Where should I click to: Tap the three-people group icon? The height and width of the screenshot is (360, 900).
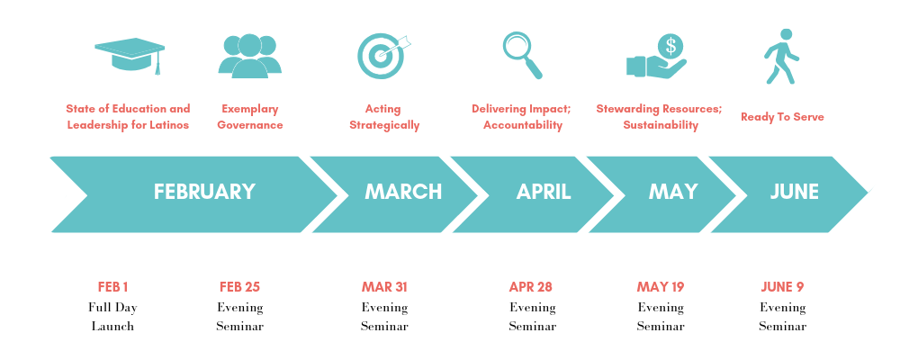[x=249, y=56]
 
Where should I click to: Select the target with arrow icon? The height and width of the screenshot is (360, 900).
[x=382, y=55]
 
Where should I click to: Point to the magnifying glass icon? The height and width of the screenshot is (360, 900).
[x=522, y=54]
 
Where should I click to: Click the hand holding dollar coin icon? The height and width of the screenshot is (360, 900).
[x=656, y=57]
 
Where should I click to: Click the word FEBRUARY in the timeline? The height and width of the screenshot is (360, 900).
[x=204, y=192]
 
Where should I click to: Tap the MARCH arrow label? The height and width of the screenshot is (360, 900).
[x=402, y=192]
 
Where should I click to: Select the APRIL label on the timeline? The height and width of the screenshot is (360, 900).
[x=544, y=192]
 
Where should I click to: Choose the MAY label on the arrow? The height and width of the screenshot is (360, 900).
[x=673, y=192]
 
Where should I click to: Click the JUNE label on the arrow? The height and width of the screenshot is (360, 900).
[x=794, y=192]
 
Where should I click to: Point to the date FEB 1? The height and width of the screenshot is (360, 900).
[x=112, y=287]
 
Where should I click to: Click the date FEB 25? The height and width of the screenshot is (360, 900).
[x=239, y=287]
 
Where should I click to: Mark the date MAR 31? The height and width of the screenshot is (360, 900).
[x=384, y=287]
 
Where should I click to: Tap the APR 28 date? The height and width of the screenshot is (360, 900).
[x=531, y=287]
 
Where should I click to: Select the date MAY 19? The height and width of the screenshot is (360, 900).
[x=661, y=287]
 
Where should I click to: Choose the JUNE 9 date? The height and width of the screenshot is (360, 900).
[x=782, y=287]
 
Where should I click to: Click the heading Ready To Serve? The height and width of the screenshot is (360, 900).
[x=782, y=117]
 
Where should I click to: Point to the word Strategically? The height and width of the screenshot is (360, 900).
[x=384, y=125]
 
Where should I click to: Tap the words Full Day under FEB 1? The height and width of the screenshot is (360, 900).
[x=112, y=307]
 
